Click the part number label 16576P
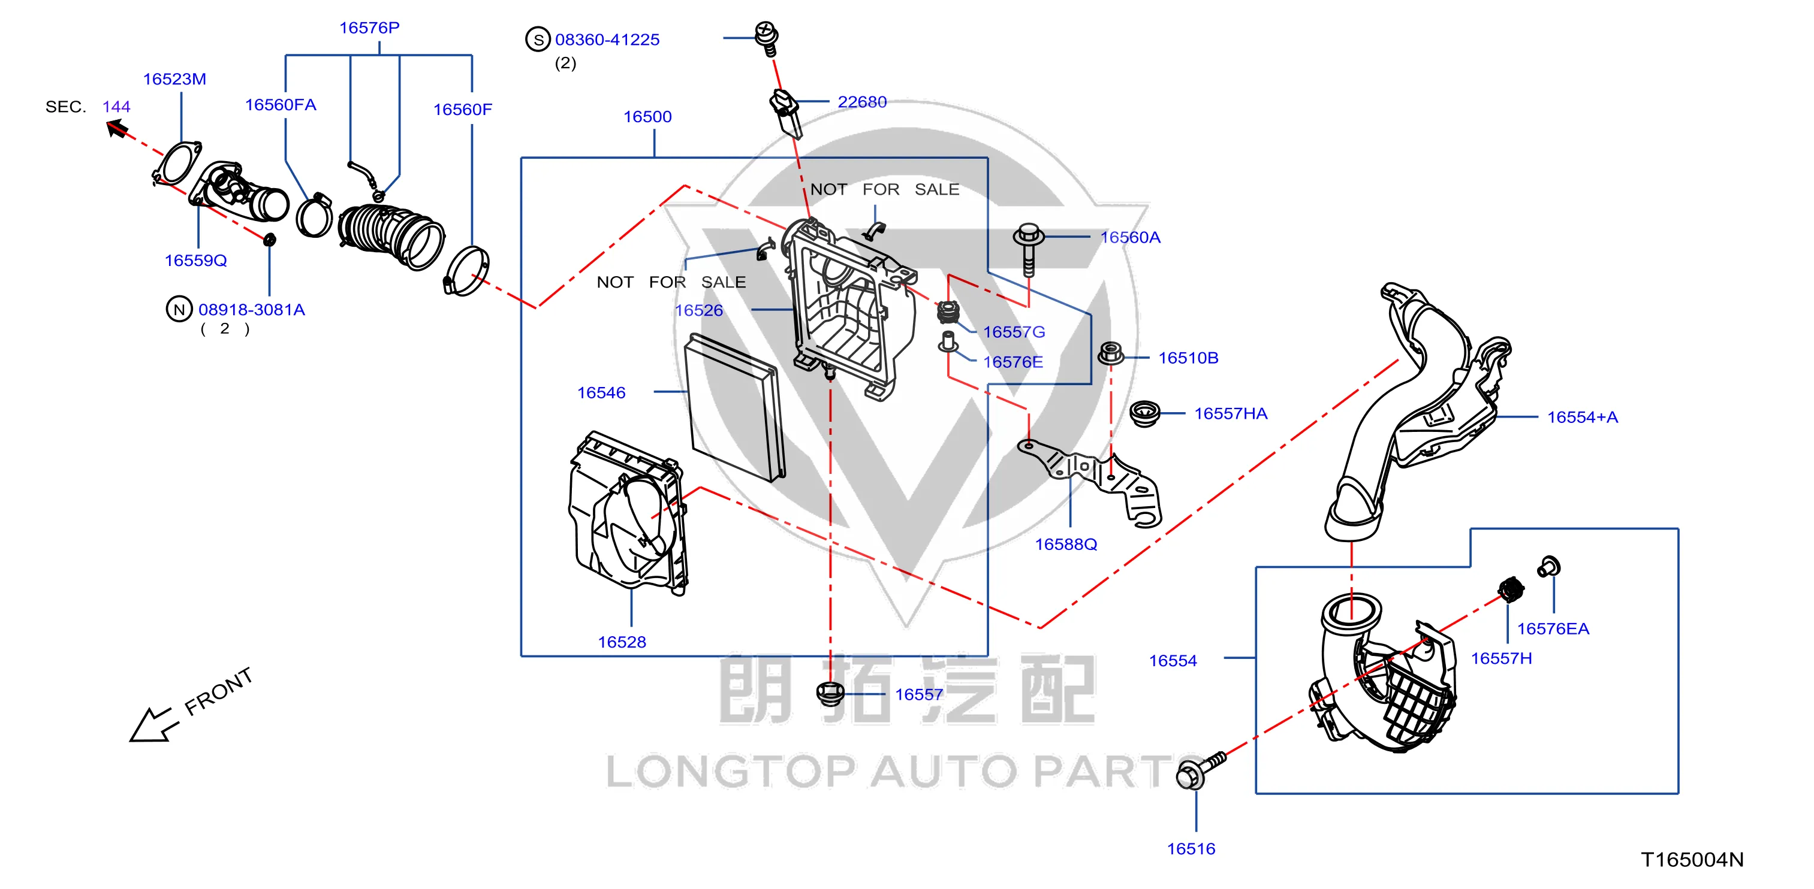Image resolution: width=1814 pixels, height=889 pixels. pyautogui.click(x=369, y=28)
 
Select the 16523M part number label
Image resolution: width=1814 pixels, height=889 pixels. pyautogui.click(x=174, y=79)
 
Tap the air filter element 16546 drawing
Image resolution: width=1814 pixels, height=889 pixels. pyautogui.click(x=734, y=407)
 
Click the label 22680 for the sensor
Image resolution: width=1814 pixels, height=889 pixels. pyautogui.click(x=862, y=102)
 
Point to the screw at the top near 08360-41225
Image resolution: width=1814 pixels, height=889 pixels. pyautogui.click(x=766, y=37)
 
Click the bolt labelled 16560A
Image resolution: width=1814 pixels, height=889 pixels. pyautogui.click(x=1028, y=250)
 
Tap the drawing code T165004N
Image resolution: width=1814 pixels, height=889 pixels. pyautogui.click(x=1692, y=860)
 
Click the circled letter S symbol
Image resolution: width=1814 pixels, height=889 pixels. pyautogui.click(x=538, y=40)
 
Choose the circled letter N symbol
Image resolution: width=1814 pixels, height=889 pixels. pyautogui.click(x=179, y=309)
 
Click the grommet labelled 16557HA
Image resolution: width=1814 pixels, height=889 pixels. pyautogui.click(x=1144, y=413)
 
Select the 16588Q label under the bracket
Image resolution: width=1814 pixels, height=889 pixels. pyautogui.click(x=1065, y=544)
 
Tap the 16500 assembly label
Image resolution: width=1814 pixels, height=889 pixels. pyautogui.click(x=647, y=117)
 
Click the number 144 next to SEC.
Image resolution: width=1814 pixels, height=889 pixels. pyautogui.click(x=116, y=107)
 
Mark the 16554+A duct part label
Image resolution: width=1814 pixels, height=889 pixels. pyautogui.click(x=1583, y=418)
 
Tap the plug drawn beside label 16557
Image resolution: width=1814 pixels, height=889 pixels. pyautogui.click(x=830, y=693)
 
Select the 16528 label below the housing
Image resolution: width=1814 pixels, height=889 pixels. pyautogui.click(x=622, y=642)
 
